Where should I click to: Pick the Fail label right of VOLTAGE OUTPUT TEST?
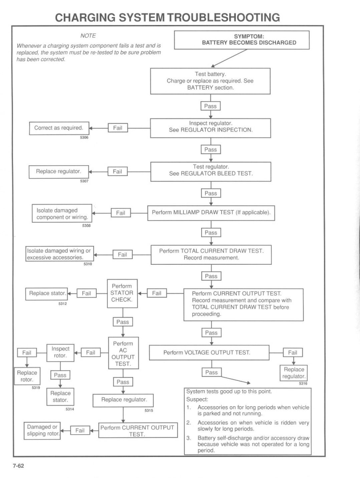coord(293,352)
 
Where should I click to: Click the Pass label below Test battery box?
coord(210,106)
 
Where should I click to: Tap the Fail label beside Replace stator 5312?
coord(86,293)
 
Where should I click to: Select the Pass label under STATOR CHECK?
coord(122,322)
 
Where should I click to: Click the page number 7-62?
coord(18,466)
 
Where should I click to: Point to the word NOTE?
coord(88,35)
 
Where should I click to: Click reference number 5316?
coord(303,384)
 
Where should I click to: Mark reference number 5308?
coord(86,226)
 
